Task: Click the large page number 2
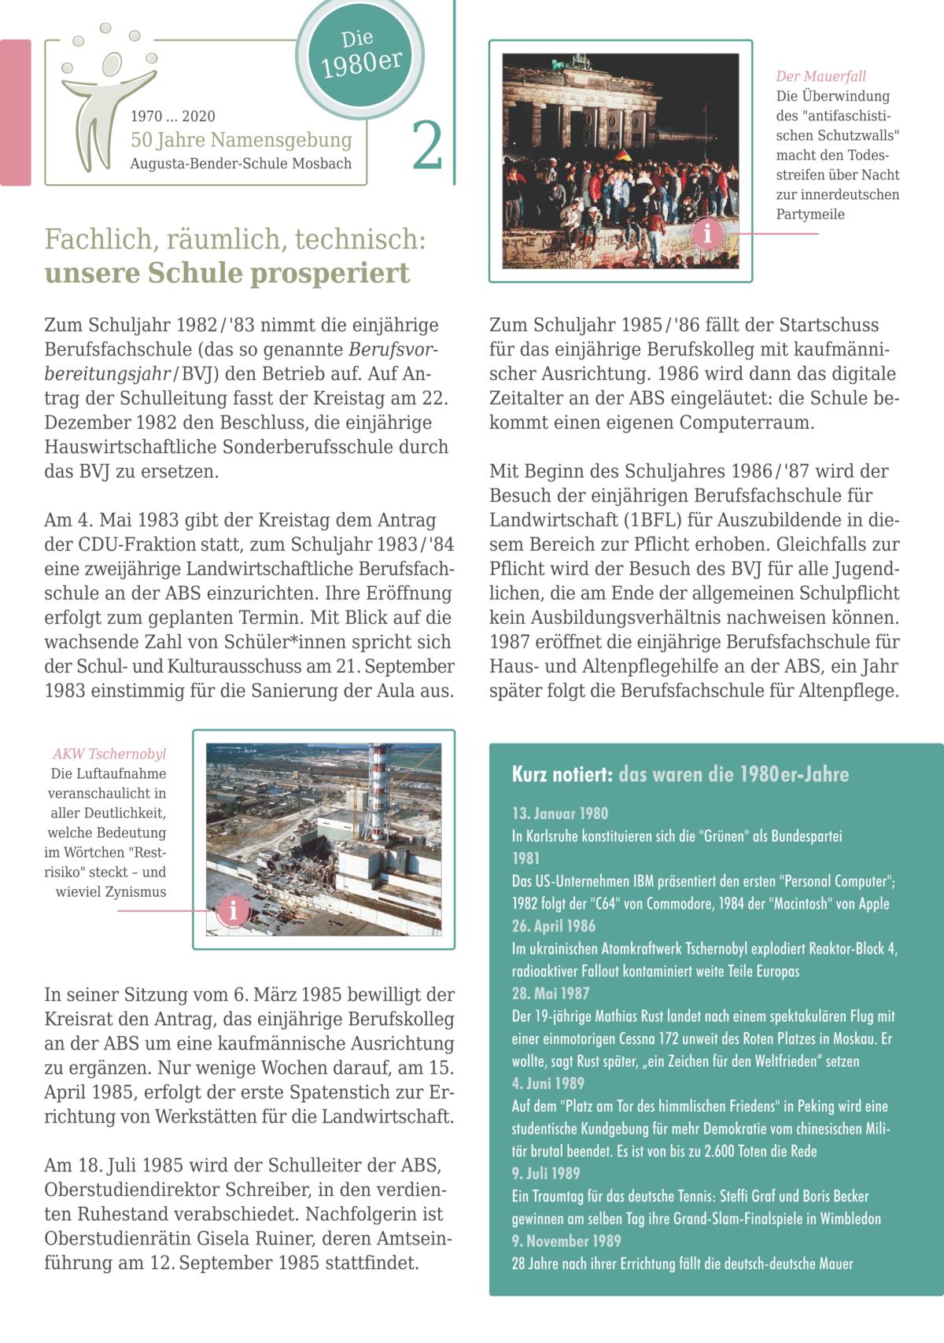[x=427, y=146]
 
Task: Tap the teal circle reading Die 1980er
[x=360, y=56]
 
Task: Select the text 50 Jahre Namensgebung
[x=241, y=140]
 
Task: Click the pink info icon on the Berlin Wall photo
[x=708, y=234]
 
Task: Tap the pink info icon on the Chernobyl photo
[x=232, y=911]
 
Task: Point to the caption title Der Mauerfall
[x=820, y=76]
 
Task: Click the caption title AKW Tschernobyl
[x=109, y=754]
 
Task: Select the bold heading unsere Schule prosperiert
[x=227, y=273]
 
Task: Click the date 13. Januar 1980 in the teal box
[x=559, y=814]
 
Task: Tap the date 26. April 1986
[x=553, y=926]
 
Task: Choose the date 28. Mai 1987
[x=550, y=994]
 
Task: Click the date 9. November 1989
[x=566, y=1241]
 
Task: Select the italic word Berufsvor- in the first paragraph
[x=393, y=349]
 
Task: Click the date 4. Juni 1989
[x=548, y=1083]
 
